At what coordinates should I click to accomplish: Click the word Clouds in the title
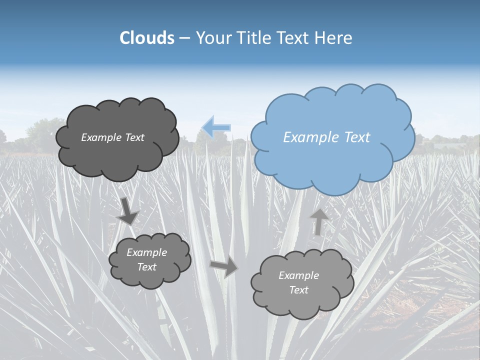[146, 38]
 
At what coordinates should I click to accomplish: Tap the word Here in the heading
[335, 38]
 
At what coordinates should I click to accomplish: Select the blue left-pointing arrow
[216, 127]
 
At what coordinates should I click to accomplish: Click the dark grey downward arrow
[128, 211]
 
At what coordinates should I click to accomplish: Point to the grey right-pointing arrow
[224, 267]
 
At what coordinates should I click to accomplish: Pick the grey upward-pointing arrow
[318, 222]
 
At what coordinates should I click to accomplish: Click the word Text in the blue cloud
[357, 137]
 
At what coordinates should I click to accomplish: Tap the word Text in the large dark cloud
[134, 137]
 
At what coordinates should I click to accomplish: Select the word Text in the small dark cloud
[147, 267]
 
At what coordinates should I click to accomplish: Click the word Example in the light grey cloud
[298, 275]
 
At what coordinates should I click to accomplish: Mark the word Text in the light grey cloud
[299, 290]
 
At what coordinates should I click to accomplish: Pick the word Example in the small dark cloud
[147, 252]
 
